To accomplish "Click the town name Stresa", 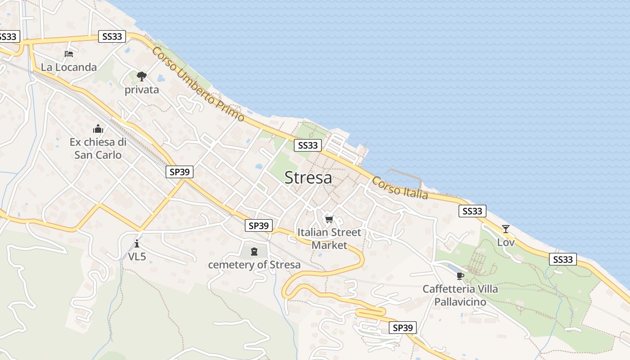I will pos(309,178).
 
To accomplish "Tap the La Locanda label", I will pos(69,67).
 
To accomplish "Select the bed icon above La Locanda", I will pos(69,54).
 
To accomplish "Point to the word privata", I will pos(142,90).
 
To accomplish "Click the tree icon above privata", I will pos(142,76).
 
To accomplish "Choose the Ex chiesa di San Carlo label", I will pos(98,148).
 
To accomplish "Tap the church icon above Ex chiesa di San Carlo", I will pos(98,129).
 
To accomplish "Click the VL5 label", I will pos(137,256).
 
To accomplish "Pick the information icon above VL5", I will pos(137,243).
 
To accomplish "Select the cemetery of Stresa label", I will pos(254,265).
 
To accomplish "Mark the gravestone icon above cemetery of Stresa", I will pos(254,251).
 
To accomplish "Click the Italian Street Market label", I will pos(330,239).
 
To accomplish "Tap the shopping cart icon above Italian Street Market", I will pos(329,220).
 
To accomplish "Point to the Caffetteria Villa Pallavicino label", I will pos(460,295).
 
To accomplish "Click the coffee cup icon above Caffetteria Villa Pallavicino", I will pos(460,276).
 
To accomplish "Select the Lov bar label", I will pos(506,243).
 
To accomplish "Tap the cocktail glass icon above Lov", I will pos(506,229).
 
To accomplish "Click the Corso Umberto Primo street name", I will pos(198,84).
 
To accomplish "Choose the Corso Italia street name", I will pos(400,188).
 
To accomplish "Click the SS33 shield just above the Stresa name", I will pos(308,145).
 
